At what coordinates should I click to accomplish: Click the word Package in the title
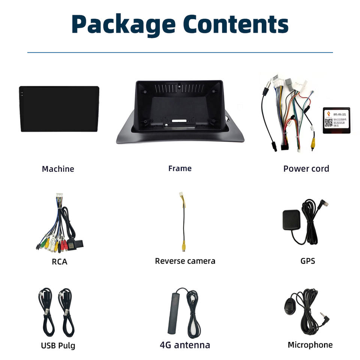pyautogui.click(x=123, y=25)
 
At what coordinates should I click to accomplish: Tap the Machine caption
pyautogui.click(x=58, y=169)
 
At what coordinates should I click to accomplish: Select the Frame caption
pyautogui.click(x=180, y=168)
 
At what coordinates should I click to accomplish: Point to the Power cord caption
pyautogui.click(x=306, y=169)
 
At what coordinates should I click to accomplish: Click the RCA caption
pyautogui.click(x=59, y=262)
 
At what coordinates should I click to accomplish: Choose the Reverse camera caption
pyautogui.click(x=185, y=261)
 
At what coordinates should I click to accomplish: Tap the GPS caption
pyautogui.click(x=307, y=261)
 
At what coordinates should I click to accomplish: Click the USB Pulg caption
pyautogui.click(x=58, y=345)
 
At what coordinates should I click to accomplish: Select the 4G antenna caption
pyautogui.click(x=185, y=345)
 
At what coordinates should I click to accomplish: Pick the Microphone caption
pyautogui.click(x=310, y=345)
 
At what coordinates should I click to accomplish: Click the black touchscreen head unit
pyautogui.click(x=59, y=109)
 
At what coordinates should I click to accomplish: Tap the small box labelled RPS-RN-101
pyautogui.click(x=336, y=120)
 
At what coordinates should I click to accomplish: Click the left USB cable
pyautogui.click(x=46, y=313)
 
